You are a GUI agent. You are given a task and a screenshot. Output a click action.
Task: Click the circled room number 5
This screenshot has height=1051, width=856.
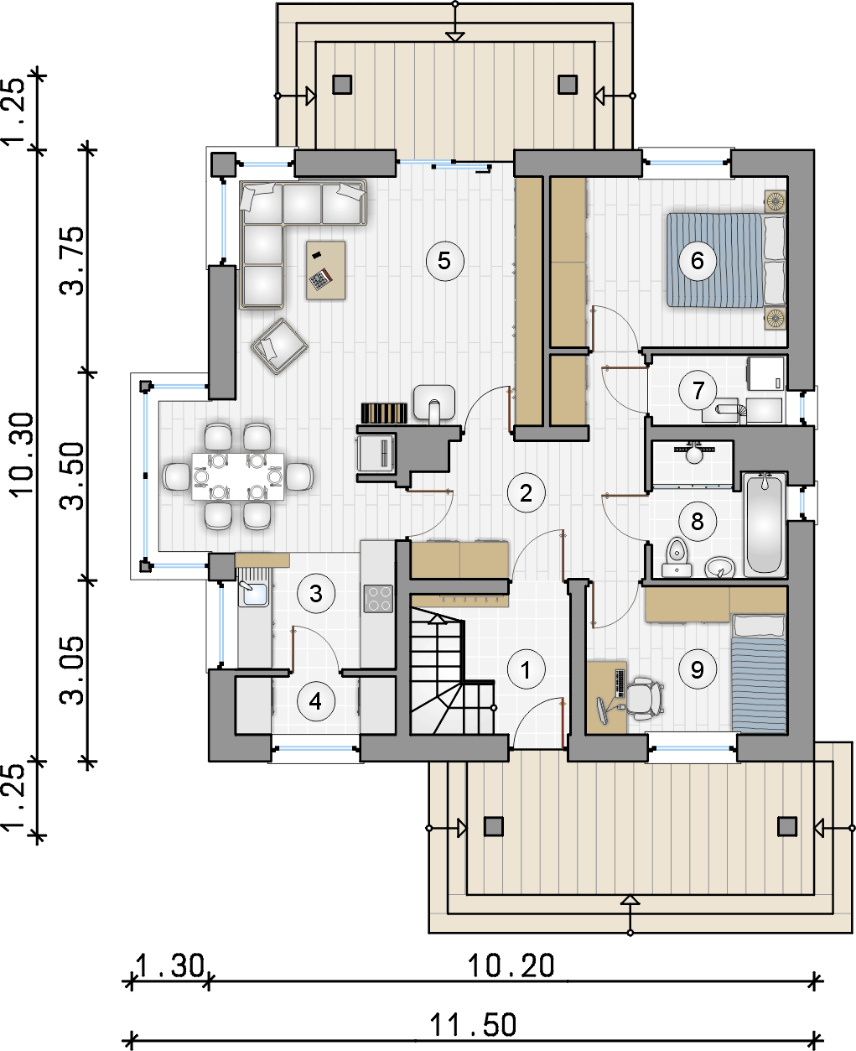[x=444, y=261]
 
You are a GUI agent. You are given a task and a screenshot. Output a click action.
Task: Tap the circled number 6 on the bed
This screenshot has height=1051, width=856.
[x=698, y=261]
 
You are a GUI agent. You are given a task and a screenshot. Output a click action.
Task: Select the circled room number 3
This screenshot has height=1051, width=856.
[x=316, y=594]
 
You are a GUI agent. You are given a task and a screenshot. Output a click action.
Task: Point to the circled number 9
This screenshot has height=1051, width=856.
[x=698, y=669]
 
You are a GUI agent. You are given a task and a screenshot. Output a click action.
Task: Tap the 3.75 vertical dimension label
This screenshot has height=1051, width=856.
[x=72, y=261]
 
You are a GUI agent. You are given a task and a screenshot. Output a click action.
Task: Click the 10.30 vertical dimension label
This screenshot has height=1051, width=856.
[x=22, y=455]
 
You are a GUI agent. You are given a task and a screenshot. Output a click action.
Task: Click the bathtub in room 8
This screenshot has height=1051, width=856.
[x=765, y=524]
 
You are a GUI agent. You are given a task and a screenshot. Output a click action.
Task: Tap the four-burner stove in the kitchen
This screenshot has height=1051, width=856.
[x=378, y=599]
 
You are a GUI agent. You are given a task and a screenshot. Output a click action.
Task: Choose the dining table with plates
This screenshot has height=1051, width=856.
[x=237, y=476]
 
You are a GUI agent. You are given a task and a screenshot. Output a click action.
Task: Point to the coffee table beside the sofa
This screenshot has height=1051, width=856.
[x=325, y=270]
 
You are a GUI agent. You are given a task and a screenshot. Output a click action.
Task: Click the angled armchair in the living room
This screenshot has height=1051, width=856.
[x=279, y=346]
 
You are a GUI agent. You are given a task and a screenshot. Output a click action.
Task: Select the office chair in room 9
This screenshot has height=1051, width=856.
[x=642, y=696]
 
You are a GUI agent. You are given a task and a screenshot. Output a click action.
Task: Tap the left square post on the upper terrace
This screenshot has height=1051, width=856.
[x=342, y=85]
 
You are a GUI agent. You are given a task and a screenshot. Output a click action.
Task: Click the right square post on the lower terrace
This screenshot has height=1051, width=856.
[x=787, y=826]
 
